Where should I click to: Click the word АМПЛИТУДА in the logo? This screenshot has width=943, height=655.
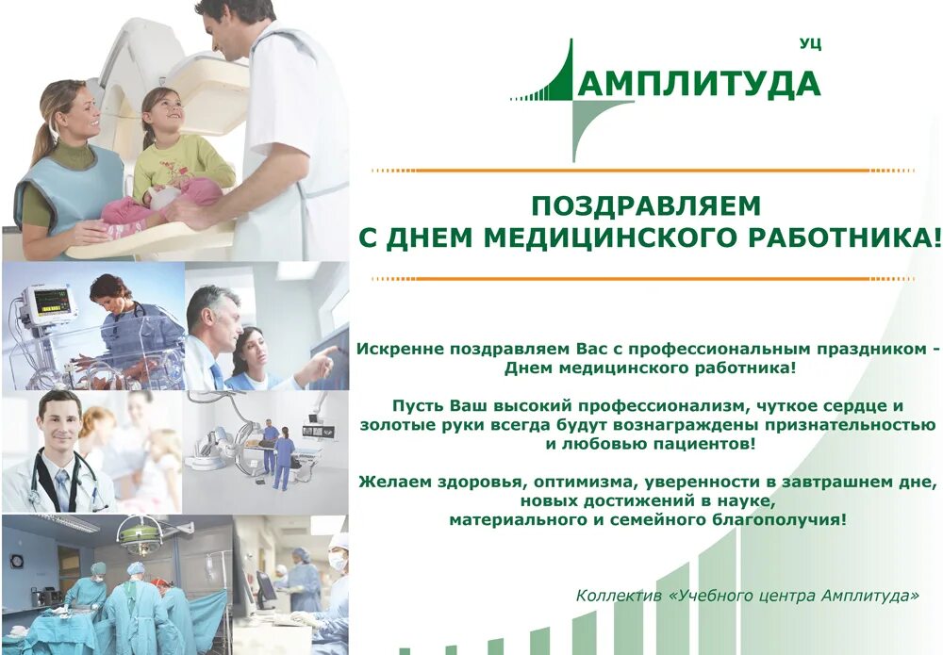(x=699, y=84)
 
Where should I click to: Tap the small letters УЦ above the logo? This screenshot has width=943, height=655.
(x=809, y=44)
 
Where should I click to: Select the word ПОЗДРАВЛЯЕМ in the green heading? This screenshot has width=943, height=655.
(x=645, y=205)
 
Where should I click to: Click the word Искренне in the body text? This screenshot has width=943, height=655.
(x=394, y=349)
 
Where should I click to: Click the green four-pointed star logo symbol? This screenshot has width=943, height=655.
(x=573, y=99)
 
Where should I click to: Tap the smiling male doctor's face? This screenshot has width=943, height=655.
(x=58, y=421)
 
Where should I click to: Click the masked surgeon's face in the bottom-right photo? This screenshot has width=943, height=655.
(x=338, y=560)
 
